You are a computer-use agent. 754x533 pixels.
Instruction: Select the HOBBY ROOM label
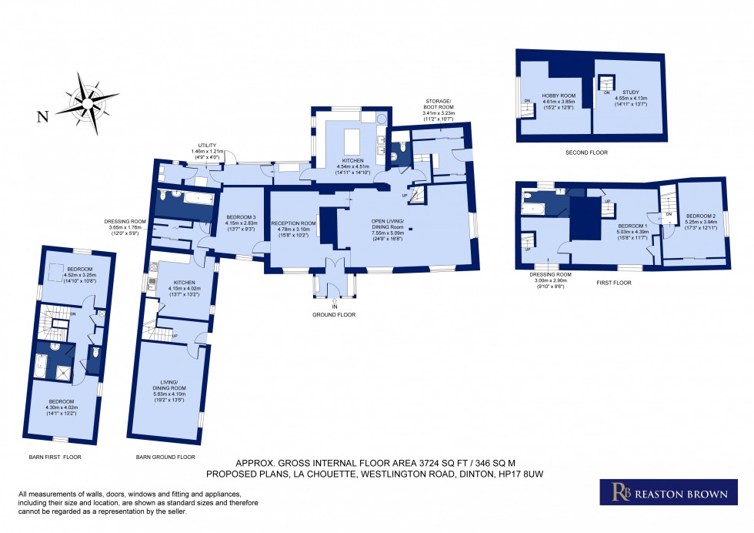click(x=559, y=96)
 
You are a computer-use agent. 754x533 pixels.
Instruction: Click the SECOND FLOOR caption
click(x=586, y=153)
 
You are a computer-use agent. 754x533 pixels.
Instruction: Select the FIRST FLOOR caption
click(x=613, y=283)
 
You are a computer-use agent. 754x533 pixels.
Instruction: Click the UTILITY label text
click(x=207, y=145)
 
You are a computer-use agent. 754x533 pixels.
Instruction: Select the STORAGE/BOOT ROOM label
click(x=439, y=104)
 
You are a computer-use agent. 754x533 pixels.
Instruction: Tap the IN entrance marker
click(x=335, y=307)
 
